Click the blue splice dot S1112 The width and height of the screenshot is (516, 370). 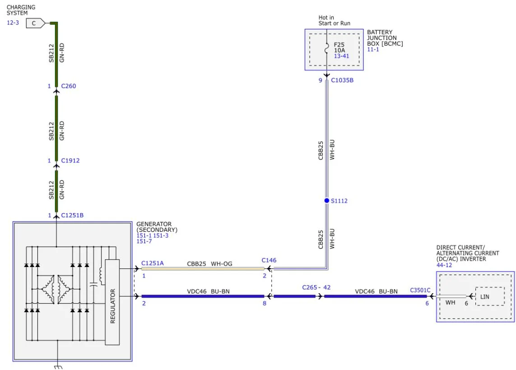pyautogui.click(x=327, y=201)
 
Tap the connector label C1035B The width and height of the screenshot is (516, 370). pyautogui.click(x=342, y=80)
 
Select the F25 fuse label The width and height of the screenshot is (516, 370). pyautogui.click(x=339, y=45)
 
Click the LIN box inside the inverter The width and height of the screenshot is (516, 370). pyautogui.click(x=484, y=296)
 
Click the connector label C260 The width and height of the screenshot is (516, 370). pyautogui.click(x=69, y=86)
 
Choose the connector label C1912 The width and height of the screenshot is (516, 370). pyautogui.click(x=70, y=160)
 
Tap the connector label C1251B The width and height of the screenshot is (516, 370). pyautogui.click(x=72, y=215)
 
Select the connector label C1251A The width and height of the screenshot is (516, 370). pyautogui.click(x=153, y=263)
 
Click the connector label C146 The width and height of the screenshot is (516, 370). pyautogui.click(x=269, y=260)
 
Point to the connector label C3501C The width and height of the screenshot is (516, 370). pyautogui.click(x=420, y=291)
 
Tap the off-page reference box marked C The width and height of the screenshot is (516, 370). pyautogui.click(x=34, y=23)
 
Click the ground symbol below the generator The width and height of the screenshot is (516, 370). pyautogui.click(x=58, y=366)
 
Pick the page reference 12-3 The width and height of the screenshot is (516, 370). pyautogui.click(x=13, y=23)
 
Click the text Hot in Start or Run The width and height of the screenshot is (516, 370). pyautogui.click(x=334, y=21)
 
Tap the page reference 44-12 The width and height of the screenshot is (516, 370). pyautogui.click(x=445, y=265)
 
